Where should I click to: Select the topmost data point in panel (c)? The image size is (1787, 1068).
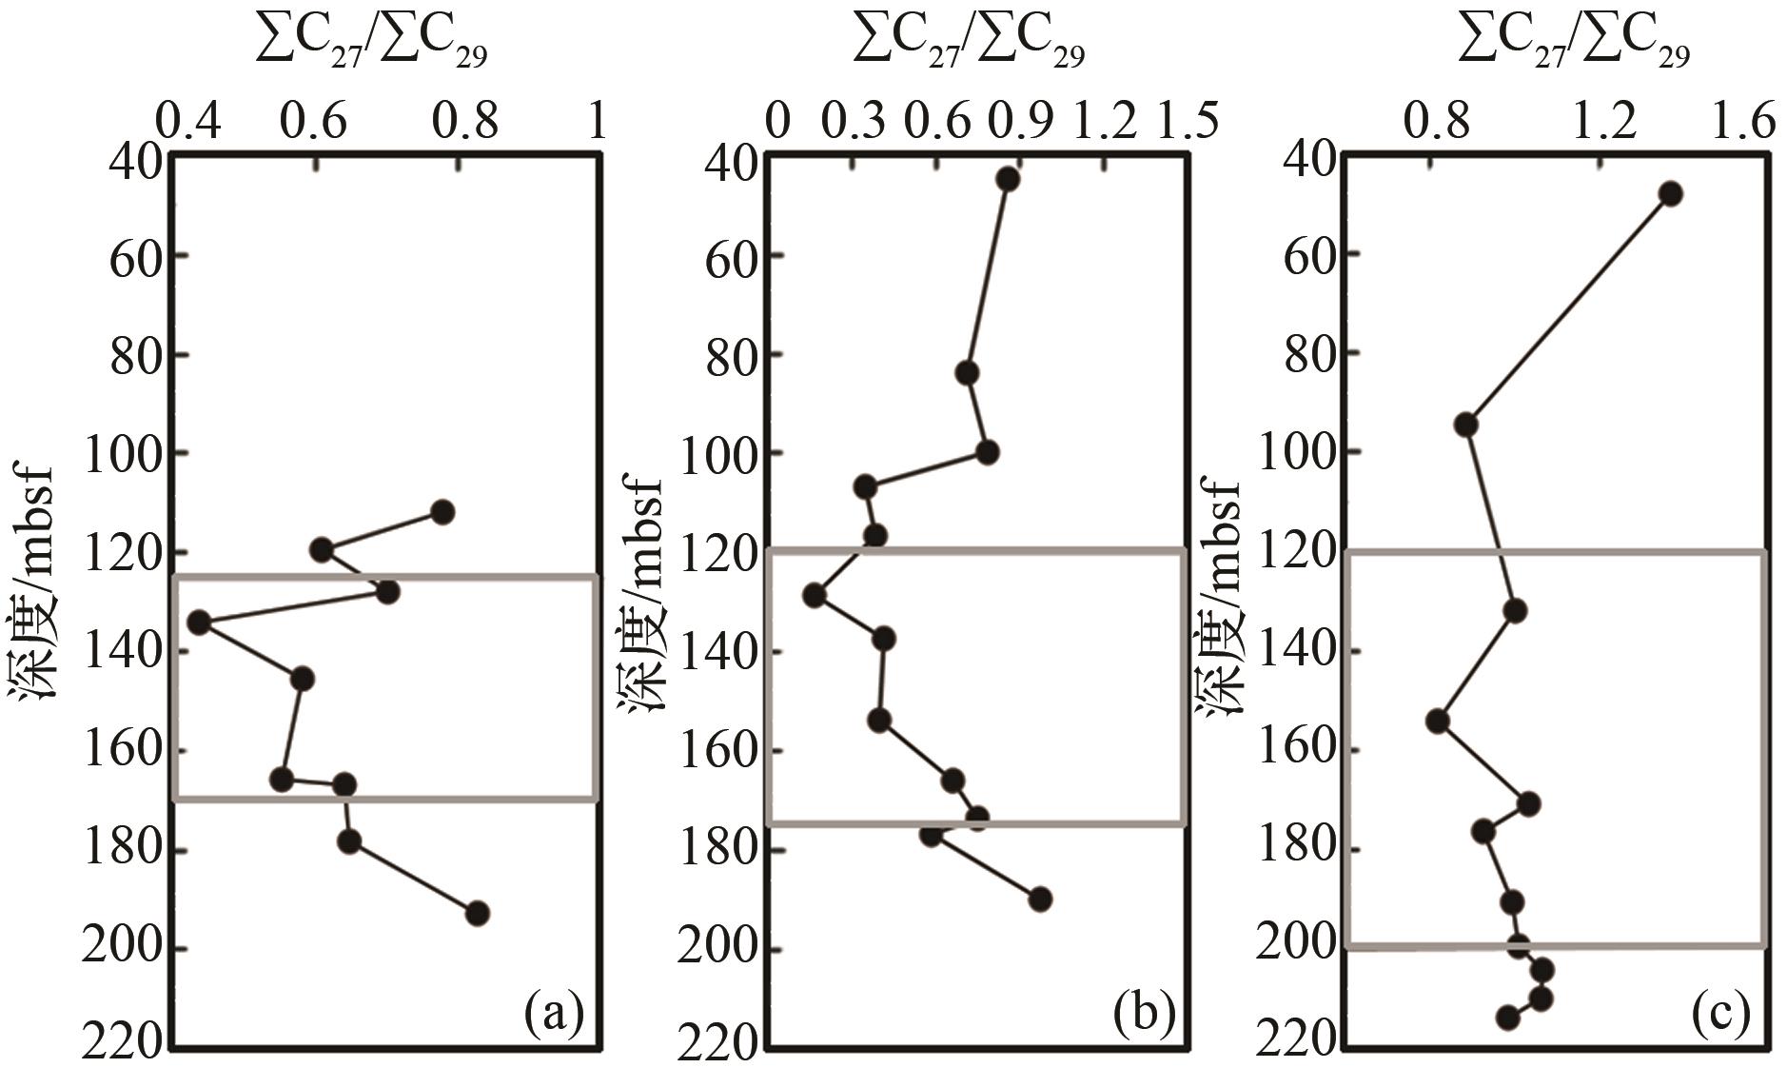[1670, 194]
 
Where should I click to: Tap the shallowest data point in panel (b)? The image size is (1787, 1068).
[1008, 180]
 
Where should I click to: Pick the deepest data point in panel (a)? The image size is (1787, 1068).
[478, 913]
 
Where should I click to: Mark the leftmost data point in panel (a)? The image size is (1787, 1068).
[199, 623]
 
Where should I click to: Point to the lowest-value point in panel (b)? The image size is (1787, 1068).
[815, 596]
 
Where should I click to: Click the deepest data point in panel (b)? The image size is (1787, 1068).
[1040, 899]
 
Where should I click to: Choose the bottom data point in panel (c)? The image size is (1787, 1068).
[1507, 1018]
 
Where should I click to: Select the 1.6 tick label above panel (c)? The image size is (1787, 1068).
[1746, 123]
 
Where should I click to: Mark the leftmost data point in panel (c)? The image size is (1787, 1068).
[1438, 721]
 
